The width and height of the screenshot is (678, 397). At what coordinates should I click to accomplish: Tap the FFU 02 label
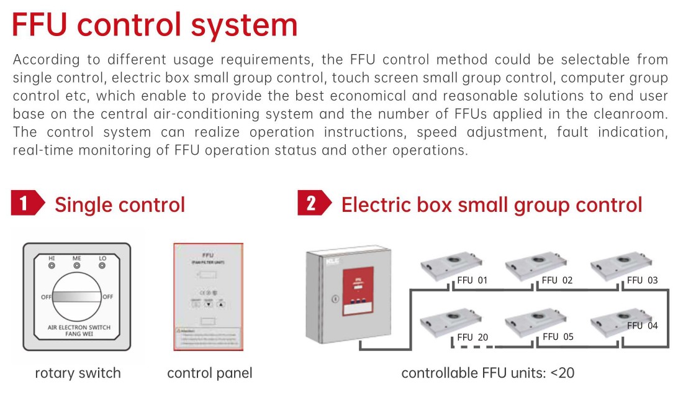click(557, 280)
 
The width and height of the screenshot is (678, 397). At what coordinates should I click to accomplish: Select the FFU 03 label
click(642, 280)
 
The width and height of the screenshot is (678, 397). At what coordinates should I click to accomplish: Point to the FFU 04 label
click(642, 326)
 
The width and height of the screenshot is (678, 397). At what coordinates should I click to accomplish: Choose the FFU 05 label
click(558, 337)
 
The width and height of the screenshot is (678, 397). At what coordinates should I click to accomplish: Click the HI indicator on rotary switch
click(52, 265)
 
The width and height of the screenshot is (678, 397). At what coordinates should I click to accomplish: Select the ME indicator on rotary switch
click(77, 265)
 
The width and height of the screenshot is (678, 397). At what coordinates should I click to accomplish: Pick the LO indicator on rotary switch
click(102, 265)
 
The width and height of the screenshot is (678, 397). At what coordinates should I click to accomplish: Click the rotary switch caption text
click(78, 373)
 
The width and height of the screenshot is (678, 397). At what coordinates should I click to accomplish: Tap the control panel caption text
click(210, 373)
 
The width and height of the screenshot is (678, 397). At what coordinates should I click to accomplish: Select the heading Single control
click(119, 205)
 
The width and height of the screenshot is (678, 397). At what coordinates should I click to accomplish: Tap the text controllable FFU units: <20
click(487, 373)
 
